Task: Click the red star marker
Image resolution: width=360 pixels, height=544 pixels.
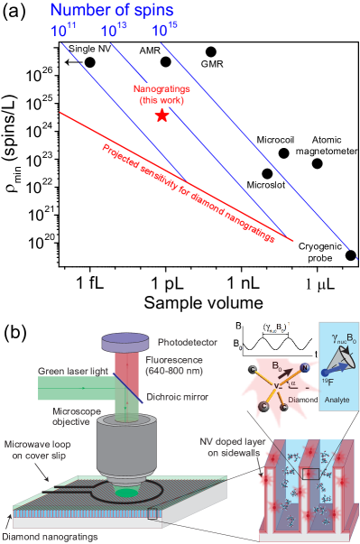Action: [162, 115]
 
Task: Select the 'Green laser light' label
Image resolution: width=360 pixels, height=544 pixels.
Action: [69, 371]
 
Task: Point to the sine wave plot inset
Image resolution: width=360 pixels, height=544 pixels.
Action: [271, 341]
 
